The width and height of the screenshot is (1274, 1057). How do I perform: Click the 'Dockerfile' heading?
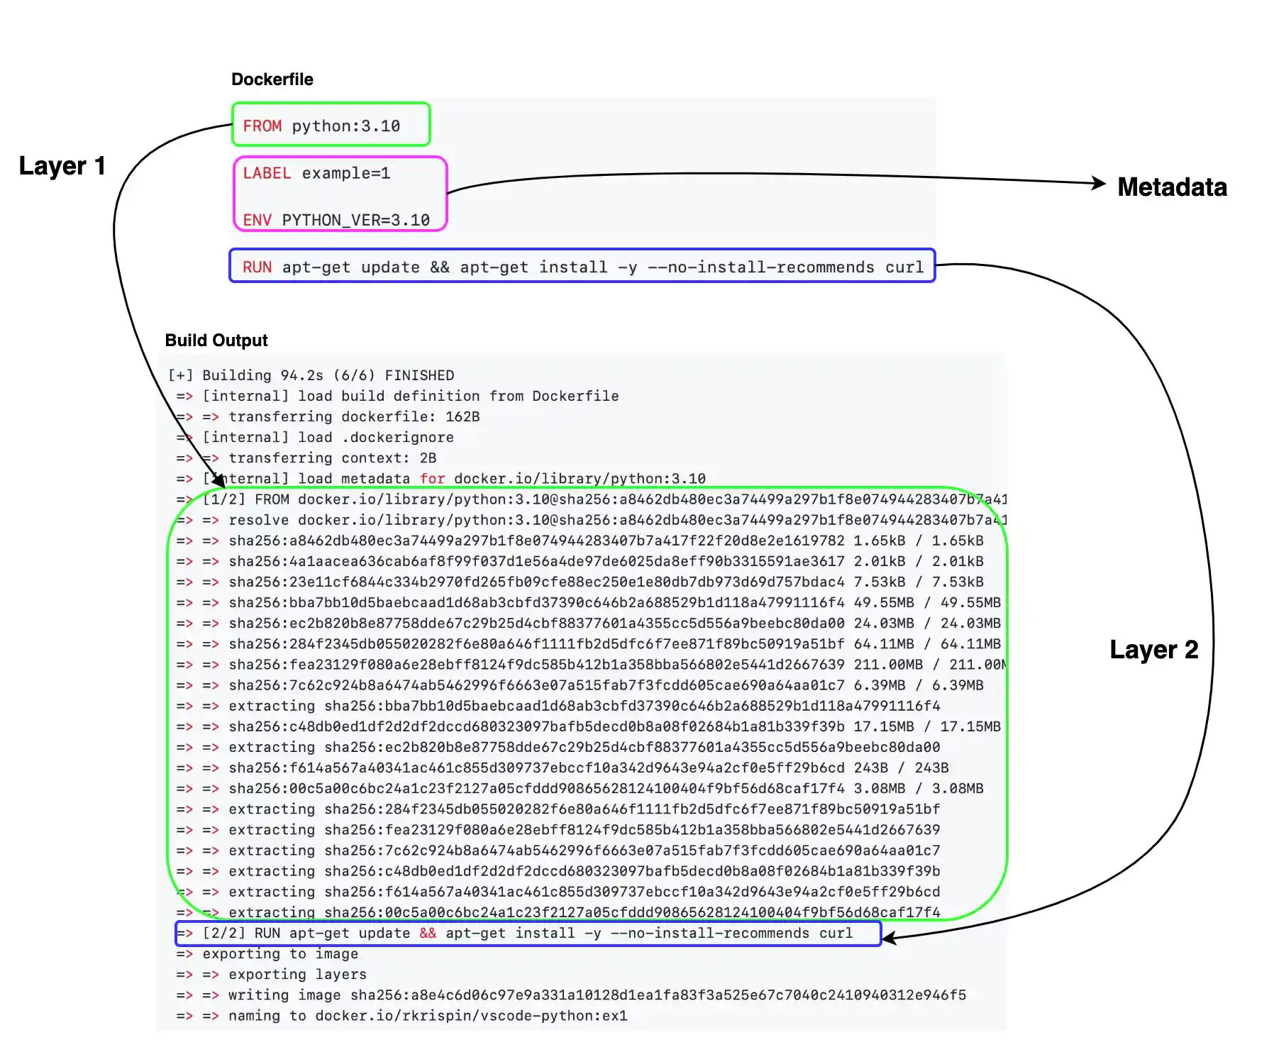(x=272, y=79)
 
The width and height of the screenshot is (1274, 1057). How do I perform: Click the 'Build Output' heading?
(x=216, y=341)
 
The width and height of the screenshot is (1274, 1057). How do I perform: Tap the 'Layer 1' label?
(x=62, y=166)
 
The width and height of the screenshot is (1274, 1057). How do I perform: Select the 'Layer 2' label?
(x=1153, y=650)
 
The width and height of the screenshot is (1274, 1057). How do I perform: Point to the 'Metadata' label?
(x=1172, y=187)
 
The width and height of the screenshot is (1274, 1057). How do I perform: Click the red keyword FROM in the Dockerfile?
(x=262, y=126)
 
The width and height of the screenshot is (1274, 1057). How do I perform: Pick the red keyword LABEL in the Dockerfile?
(x=267, y=174)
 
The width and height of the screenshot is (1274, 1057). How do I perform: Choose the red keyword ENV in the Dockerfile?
(x=257, y=221)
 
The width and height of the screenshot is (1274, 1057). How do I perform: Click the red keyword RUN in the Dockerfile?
(x=257, y=267)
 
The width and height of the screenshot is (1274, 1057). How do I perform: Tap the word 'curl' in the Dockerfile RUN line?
(x=904, y=267)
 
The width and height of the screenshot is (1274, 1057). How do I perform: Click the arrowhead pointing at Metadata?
(x=1099, y=183)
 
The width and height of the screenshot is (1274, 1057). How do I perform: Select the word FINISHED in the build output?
(x=419, y=376)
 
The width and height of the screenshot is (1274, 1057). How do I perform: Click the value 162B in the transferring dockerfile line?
(x=462, y=417)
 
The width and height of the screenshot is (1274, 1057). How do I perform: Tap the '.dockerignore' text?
(x=397, y=438)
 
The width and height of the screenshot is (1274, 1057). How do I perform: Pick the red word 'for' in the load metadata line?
(x=432, y=479)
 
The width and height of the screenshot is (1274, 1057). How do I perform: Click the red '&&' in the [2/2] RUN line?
(x=428, y=934)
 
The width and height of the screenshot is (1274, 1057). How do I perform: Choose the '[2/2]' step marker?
(x=223, y=934)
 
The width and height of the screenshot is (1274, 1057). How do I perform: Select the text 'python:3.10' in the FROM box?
(x=345, y=126)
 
